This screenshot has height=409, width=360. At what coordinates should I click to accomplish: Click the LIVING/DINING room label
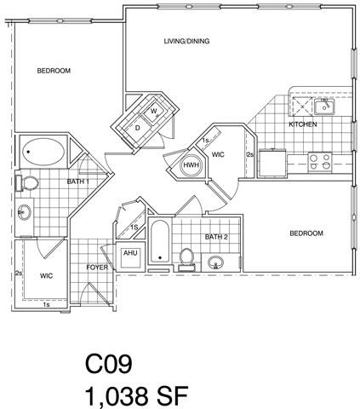(x=186, y=41)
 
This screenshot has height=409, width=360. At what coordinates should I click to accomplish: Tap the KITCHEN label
(x=302, y=124)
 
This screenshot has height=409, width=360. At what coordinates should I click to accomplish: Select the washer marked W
(x=155, y=111)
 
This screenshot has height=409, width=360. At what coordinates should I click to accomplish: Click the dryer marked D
(x=138, y=127)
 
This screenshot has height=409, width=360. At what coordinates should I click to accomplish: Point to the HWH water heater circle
(x=191, y=165)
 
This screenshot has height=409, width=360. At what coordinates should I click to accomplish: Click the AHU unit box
(x=130, y=255)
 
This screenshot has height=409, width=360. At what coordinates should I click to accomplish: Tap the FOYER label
(x=97, y=268)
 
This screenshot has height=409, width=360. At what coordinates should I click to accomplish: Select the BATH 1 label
(x=78, y=181)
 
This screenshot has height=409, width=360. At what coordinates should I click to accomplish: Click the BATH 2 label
(x=214, y=236)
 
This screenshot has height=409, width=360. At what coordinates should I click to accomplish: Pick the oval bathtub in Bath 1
(x=42, y=154)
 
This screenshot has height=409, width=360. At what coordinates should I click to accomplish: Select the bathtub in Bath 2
(x=160, y=244)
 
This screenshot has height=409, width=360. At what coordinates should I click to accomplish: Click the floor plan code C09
(x=109, y=366)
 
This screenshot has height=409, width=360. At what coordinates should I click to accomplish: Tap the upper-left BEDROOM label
(x=53, y=71)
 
